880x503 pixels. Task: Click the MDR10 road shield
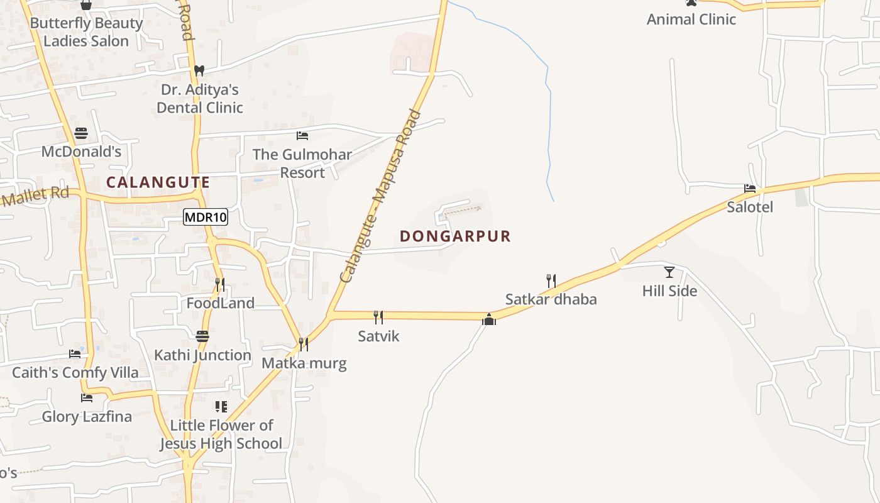(x=206, y=218)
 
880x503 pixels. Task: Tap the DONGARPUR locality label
(x=455, y=236)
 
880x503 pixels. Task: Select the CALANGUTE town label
(x=158, y=182)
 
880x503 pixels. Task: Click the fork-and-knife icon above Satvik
(x=378, y=317)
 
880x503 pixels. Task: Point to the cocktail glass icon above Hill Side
(x=669, y=272)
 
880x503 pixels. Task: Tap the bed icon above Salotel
(x=750, y=188)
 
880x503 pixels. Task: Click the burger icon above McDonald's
(x=81, y=133)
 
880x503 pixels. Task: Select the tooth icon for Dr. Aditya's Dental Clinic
(x=199, y=71)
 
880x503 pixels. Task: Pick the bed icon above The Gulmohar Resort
(x=302, y=135)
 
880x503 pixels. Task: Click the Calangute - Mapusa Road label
(x=380, y=196)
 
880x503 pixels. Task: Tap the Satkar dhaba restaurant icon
(x=551, y=280)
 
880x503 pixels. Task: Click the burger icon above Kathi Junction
(x=202, y=336)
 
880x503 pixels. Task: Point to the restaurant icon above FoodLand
(x=220, y=284)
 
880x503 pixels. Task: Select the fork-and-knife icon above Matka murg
(x=304, y=344)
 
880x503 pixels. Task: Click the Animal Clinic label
(x=691, y=19)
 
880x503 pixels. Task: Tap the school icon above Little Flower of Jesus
(x=221, y=406)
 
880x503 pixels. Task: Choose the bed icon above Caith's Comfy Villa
(x=75, y=354)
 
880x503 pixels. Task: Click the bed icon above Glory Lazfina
(x=87, y=398)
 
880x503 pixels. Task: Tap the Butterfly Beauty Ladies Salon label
(x=86, y=32)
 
